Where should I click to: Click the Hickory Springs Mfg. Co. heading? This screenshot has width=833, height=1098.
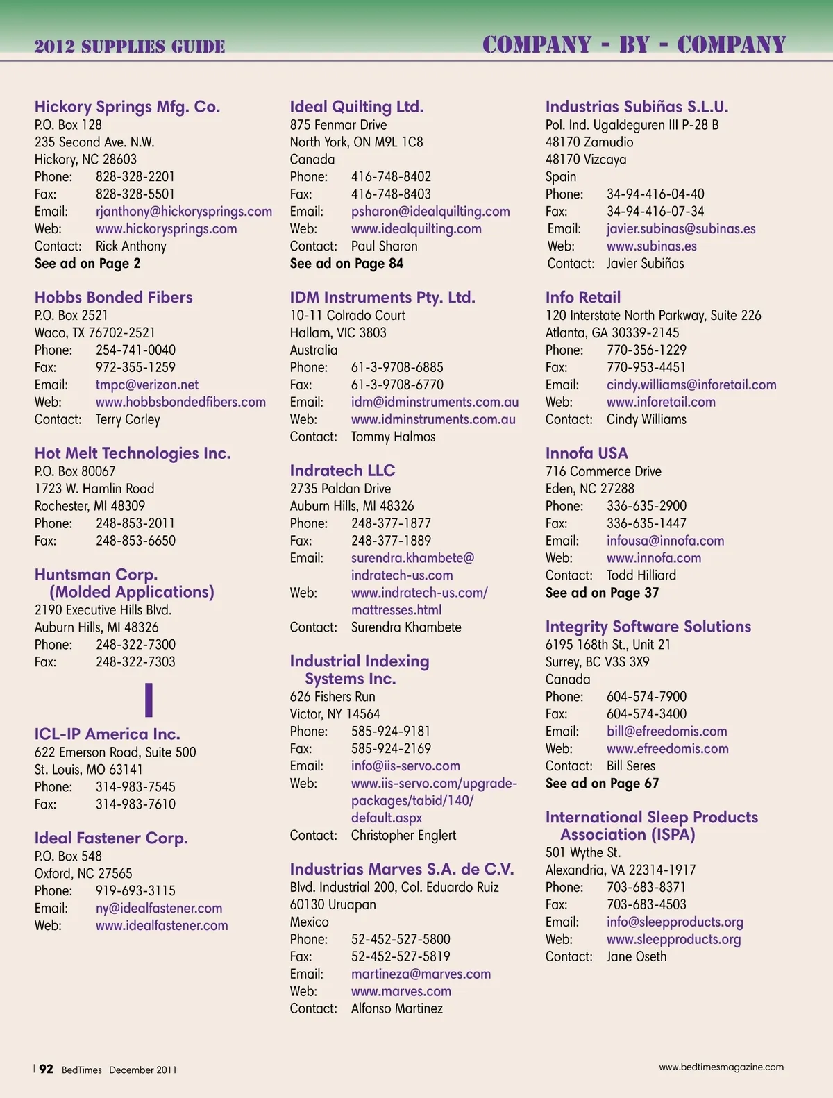point(127,107)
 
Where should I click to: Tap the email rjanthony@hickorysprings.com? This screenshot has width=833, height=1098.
point(183,212)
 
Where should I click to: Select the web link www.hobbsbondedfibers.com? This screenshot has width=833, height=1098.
point(180,403)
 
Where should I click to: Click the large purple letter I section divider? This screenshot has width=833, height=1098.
point(149,700)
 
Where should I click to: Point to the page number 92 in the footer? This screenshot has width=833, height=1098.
point(46,1070)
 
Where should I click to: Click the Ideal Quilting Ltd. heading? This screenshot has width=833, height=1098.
point(356,107)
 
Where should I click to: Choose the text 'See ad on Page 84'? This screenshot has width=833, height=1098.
point(346,264)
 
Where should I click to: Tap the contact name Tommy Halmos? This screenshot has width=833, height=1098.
point(393,437)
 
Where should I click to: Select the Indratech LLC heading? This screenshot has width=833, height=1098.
point(342,471)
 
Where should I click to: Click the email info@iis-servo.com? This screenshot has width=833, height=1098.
point(405,766)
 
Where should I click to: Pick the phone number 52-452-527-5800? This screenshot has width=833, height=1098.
point(401,940)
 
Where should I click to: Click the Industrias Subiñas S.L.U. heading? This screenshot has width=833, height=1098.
point(637,107)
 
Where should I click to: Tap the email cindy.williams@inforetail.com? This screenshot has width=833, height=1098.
point(691,385)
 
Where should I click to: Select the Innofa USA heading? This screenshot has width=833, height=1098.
point(587,453)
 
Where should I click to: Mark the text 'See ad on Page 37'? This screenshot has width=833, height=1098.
point(602,593)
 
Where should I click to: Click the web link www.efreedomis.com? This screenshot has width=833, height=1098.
point(667,749)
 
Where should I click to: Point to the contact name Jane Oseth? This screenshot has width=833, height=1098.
point(636,957)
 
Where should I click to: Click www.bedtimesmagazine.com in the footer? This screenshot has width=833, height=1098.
point(721,1067)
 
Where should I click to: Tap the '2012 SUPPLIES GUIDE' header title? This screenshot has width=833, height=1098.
point(130,47)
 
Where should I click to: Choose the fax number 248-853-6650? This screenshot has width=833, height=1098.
point(135,541)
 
